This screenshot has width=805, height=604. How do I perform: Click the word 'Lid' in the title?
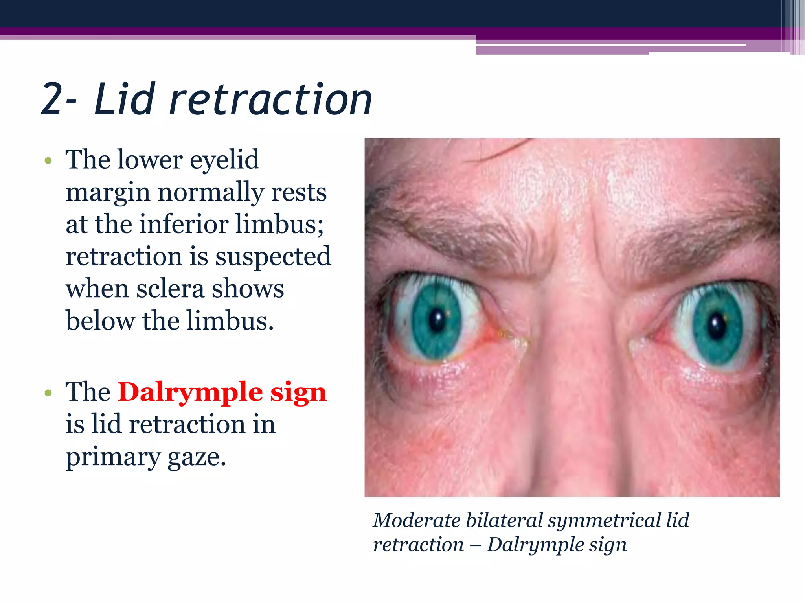coord(123,99)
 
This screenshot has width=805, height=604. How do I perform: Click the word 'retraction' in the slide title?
coord(270,99)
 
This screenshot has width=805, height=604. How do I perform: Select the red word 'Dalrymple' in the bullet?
coord(190,392)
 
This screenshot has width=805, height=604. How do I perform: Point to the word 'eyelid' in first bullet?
coord(224,160)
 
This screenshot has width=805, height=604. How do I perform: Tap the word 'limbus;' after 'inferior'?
coord(279,224)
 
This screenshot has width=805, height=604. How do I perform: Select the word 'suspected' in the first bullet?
coord(273,256)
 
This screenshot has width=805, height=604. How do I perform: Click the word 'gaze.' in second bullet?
coord(197,457)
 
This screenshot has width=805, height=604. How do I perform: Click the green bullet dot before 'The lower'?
coord(48,161)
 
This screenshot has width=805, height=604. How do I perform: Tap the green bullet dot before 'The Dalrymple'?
coord(48,393)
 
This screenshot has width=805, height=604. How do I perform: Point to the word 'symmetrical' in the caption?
coord(604,520)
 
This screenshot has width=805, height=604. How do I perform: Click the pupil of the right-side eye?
coord(717,325)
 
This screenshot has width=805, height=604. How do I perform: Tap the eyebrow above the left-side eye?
coord(452,236)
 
